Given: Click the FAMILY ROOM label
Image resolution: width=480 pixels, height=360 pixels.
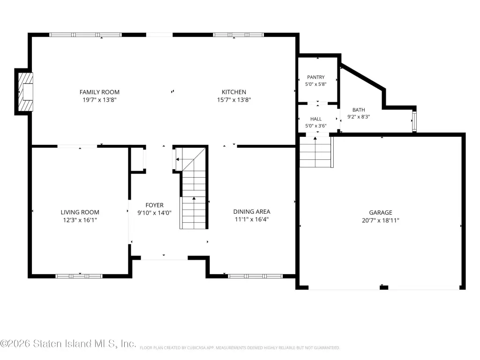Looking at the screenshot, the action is (x=99, y=92).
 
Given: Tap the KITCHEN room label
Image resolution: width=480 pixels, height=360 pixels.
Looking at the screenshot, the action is (x=234, y=92).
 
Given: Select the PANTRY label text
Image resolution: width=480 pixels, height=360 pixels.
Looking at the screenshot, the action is (x=316, y=77).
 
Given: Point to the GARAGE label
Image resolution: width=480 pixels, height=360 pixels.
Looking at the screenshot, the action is (x=381, y=212).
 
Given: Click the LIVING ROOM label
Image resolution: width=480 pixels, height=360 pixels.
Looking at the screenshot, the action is (x=80, y=212).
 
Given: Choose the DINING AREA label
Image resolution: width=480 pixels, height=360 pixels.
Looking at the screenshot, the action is (x=252, y=211).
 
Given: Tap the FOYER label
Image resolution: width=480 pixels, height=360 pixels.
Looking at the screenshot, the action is (x=154, y=205).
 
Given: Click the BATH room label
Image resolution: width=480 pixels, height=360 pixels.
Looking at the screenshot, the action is (x=359, y=110).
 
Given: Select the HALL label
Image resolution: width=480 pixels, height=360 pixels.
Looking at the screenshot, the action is (x=316, y=119).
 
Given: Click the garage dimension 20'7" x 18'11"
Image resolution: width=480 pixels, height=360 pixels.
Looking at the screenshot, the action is (x=381, y=220).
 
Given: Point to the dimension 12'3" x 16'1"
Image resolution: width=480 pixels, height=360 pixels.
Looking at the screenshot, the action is (x=80, y=220).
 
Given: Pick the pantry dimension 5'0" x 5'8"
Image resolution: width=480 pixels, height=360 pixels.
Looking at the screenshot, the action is (x=316, y=84).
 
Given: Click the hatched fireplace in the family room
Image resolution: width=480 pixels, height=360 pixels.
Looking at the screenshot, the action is (x=26, y=91).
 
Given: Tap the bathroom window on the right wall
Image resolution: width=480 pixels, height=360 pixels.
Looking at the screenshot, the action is (x=414, y=121).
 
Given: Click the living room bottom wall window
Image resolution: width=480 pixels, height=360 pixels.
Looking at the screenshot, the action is (x=79, y=276).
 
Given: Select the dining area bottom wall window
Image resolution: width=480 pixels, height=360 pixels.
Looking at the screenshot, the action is (x=255, y=276).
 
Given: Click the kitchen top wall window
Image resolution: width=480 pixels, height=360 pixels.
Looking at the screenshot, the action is (x=239, y=35).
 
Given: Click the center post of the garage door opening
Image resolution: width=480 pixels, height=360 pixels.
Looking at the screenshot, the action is (x=384, y=287).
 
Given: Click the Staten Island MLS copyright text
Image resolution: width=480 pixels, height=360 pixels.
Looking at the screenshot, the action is (x=68, y=344).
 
